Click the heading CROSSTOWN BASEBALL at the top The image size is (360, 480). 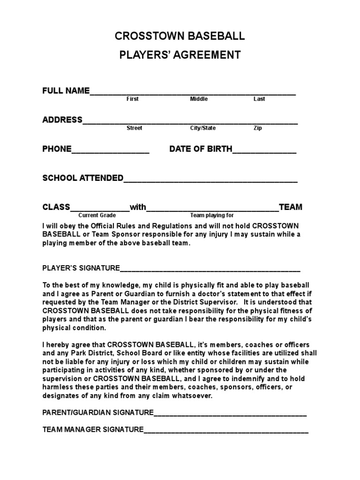click(x=180, y=37)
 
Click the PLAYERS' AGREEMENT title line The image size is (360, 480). click(x=180, y=55)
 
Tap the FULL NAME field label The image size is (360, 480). click(x=66, y=91)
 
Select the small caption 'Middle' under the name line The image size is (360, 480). click(x=199, y=99)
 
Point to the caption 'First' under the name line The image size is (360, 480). click(x=133, y=99)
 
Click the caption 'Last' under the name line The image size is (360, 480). click(x=259, y=99)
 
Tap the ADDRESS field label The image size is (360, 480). click(x=62, y=120)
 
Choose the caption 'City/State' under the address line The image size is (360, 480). click(x=203, y=128)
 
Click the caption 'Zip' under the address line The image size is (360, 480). click(x=258, y=128)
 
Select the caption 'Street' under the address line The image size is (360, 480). click(x=135, y=128)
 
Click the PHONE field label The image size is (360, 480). click(x=57, y=149)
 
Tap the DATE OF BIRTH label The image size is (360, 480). click(x=201, y=149)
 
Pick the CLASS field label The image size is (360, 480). click(x=56, y=207)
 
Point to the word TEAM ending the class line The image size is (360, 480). click(x=291, y=207)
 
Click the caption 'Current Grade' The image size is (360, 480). click(x=97, y=215)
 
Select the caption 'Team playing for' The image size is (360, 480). click(x=212, y=215)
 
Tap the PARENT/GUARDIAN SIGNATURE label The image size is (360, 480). click(x=98, y=412)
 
